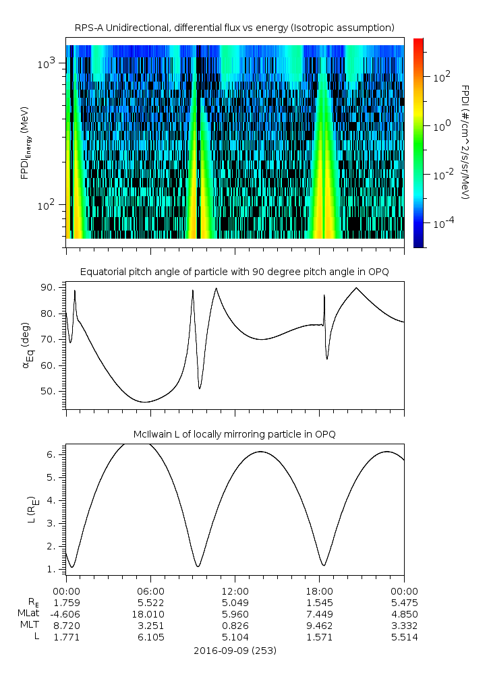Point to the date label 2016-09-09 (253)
click(234, 651)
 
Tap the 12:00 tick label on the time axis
click(235, 590)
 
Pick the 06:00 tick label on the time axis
click(150, 590)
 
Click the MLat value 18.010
click(150, 614)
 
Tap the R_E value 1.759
click(66, 602)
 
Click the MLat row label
click(30, 614)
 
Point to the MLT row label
click(31, 626)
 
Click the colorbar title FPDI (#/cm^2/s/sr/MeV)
click(465, 142)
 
